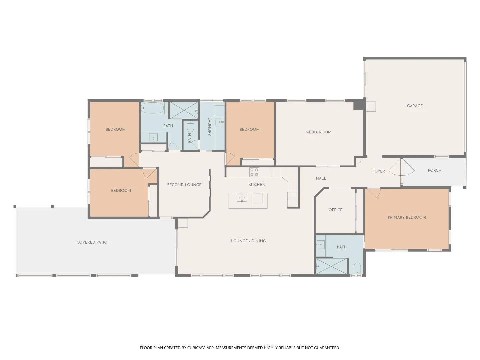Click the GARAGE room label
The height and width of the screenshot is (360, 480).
pos(415,106)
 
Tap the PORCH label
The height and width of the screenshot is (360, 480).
pos(434,170)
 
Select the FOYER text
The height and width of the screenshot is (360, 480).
pos(378,171)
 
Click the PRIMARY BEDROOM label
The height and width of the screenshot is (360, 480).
pos(407,217)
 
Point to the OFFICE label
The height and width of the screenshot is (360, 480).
pos(335,210)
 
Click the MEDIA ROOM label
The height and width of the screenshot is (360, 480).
pos(318,132)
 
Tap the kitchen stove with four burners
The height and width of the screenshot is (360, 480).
pos(254,172)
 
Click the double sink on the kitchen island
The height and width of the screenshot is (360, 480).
pos(242,198)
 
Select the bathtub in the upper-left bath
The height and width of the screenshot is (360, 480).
pos(152,108)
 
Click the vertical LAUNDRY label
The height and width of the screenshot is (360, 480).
pos(210,127)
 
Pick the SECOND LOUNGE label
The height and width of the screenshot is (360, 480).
pos(184,185)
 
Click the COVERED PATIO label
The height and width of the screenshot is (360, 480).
pos(92,242)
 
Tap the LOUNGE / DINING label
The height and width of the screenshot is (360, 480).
pos(248,241)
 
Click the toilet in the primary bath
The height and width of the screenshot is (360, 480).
pos(357,268)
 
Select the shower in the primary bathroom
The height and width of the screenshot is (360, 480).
pos(331,266)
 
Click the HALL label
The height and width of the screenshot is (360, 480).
pos(321,178)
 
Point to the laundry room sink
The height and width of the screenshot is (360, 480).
pos(219,122)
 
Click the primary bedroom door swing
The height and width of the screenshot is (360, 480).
pos(374,193)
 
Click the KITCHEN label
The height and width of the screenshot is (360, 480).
pos(257,185)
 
